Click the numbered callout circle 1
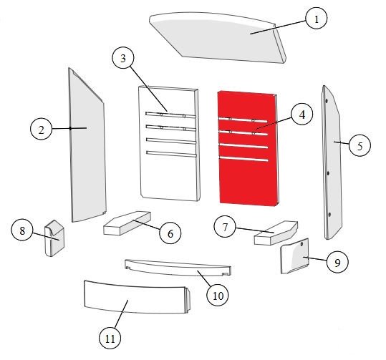317,18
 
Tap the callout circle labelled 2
41,129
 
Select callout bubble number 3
123,58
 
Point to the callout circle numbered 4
301,115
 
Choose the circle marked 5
360,145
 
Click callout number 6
170,233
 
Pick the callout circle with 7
225,227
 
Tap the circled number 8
22,230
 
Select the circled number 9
337,262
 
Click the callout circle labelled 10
218,295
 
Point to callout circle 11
110,338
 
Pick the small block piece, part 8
54,238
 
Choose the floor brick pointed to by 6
127,223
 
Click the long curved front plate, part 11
137,298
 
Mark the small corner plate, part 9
295,256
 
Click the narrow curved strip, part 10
178,268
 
